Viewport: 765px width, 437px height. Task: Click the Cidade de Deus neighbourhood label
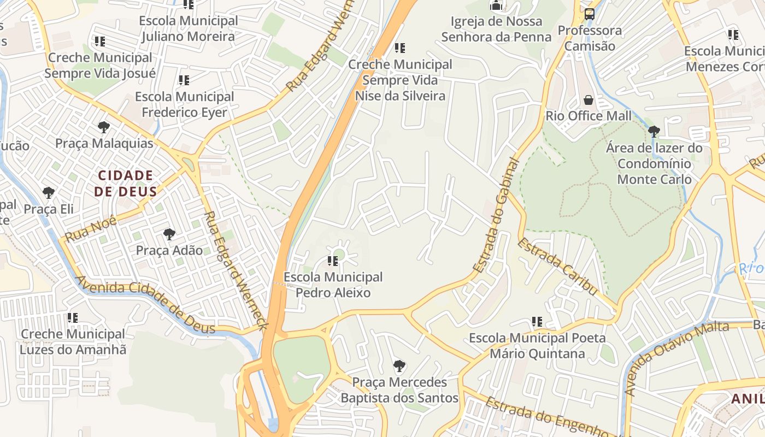[x=125, y=184]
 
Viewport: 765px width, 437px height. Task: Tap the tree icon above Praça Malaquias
[x=103, y=127]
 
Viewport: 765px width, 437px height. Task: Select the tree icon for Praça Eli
[x=49, y=193]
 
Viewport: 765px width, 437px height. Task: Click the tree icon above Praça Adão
[x=169, y=234]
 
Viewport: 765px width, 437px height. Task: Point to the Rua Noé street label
[x=91, y=229]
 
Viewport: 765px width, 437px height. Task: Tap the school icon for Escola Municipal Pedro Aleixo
[x=333, y=261]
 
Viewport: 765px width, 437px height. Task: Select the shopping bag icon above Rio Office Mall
[x=589, y=100]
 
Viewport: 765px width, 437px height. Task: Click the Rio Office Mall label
[x=589, y=116]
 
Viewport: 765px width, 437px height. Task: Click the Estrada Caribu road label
[x=557, y=266]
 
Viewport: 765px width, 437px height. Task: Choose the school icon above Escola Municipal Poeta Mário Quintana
[x=537, y=322]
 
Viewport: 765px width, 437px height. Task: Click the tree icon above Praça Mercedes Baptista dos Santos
[x=399, y=365]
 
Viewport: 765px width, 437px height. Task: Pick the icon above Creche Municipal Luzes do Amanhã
[x=72, y=317]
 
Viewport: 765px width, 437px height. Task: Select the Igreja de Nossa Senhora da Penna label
[x=496, y=29]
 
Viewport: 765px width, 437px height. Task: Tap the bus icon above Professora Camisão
[x=590, y=14]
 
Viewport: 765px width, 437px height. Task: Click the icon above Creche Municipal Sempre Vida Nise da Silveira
[x=400, y=48]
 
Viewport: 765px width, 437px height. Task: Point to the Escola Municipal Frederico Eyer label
[x=184, y=104]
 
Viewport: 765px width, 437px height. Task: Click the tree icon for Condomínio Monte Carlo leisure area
[x=654, y=131]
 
